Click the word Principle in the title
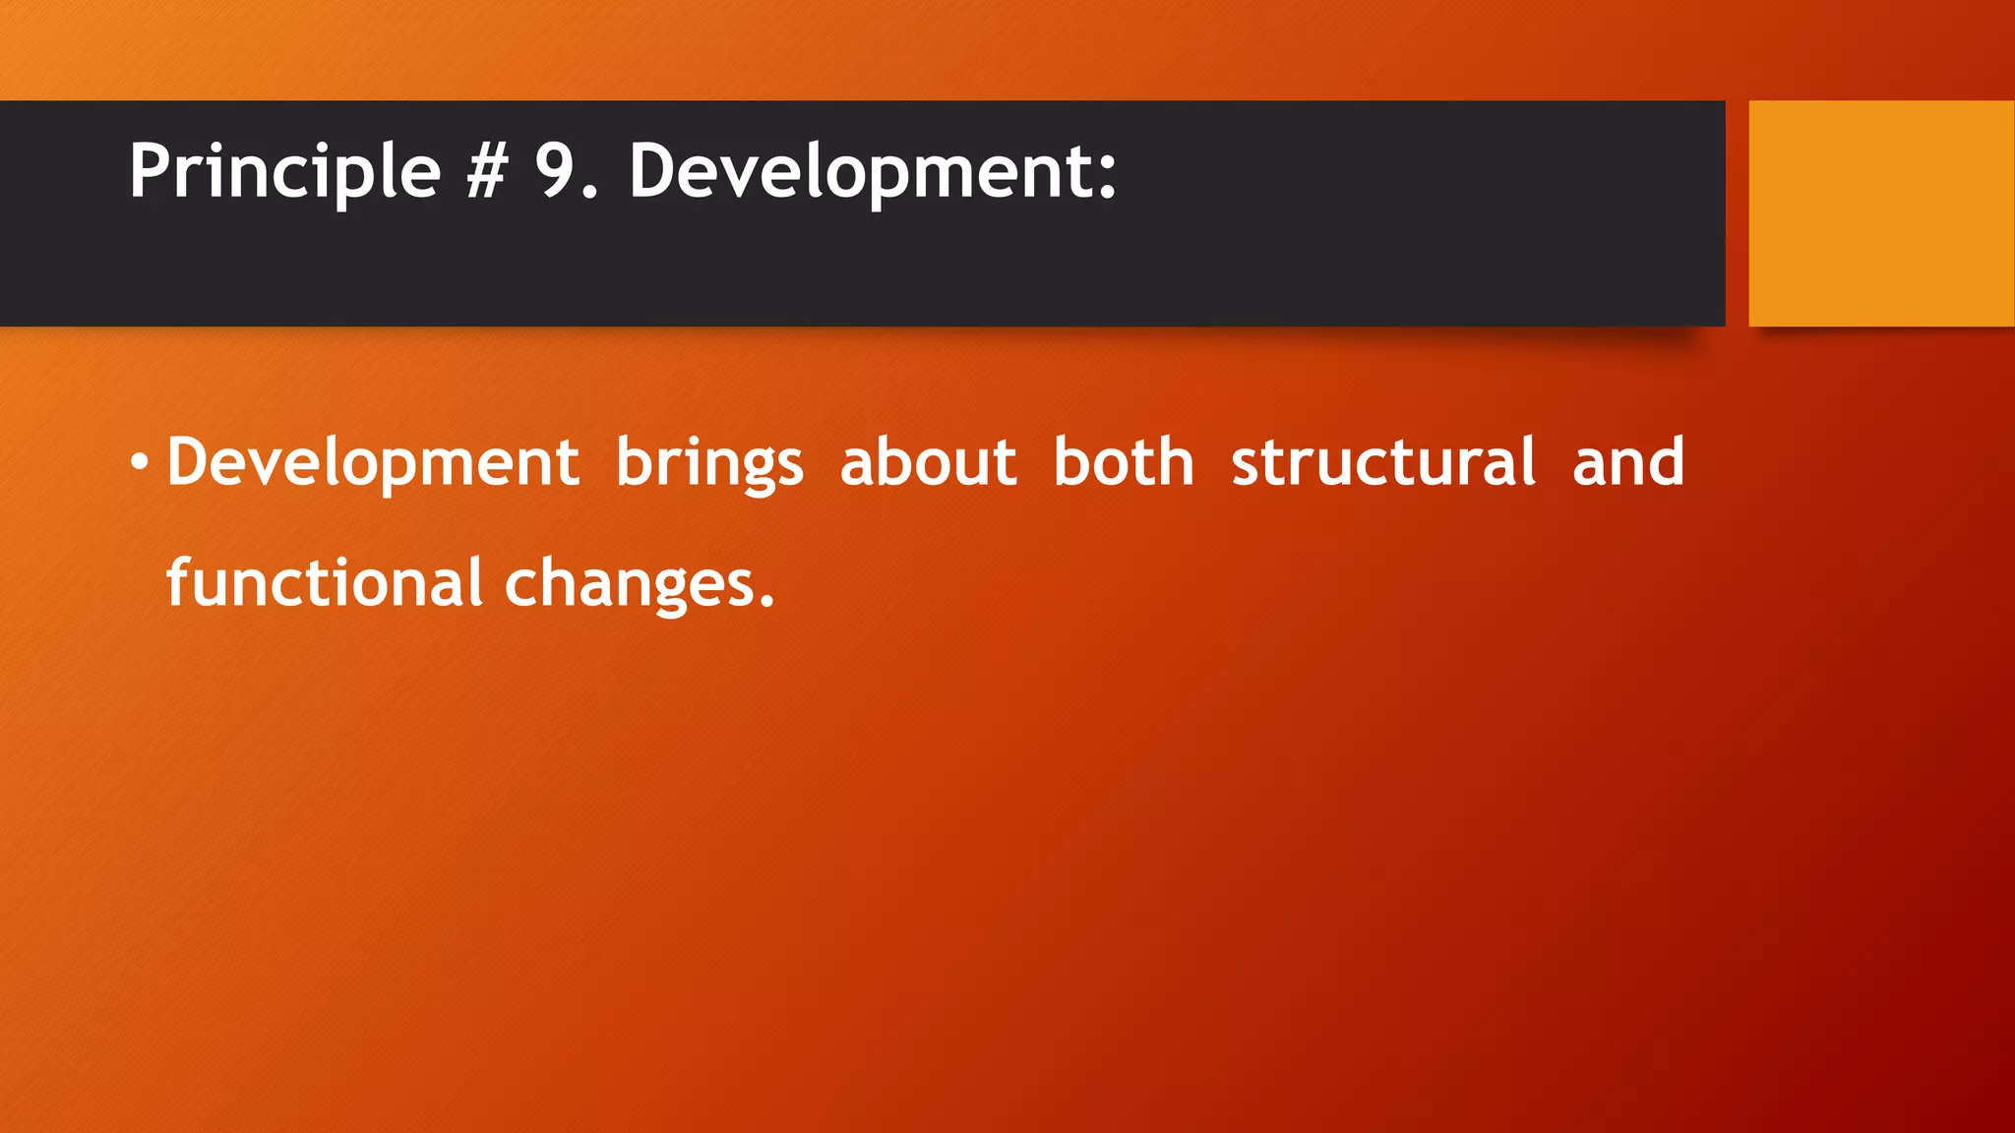(284, 172)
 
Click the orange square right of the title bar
(1881, 213)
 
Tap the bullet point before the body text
(140, 462)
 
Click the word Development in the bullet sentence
(373, 462)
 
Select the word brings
(709, 462)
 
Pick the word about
(928, 462)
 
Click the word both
(1124, 462)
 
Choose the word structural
(1382, 462)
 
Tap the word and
(1628, 462)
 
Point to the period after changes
(767, 602)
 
